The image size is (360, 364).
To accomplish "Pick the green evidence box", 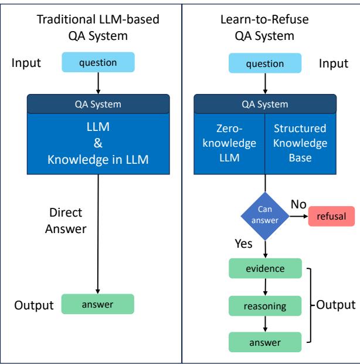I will click(266, 269).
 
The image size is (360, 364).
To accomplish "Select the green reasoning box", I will click(266, 305).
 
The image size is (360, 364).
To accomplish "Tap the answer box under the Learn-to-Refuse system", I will click(266, 341).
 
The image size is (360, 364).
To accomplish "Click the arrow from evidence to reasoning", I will click(266, 287).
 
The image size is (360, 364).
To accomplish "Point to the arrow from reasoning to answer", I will click(266, 323).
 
